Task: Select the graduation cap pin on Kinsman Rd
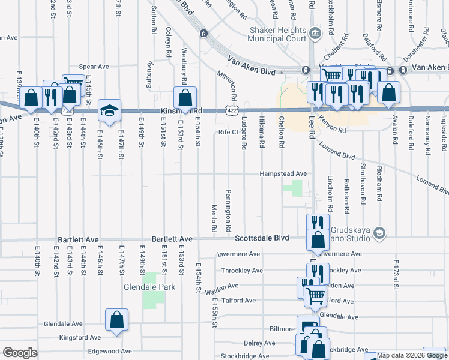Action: (x=110, y=110)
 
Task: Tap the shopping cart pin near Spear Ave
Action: (x=73, y=86)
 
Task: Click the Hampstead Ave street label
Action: (x=283, y=173)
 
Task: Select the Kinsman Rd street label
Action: (x=181, y=111)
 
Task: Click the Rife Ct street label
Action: (x=228, y=132)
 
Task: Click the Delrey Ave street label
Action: (x=259, y=343)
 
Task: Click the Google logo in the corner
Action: (x=20, y=353)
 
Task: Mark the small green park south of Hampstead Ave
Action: (x=293, y=188)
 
